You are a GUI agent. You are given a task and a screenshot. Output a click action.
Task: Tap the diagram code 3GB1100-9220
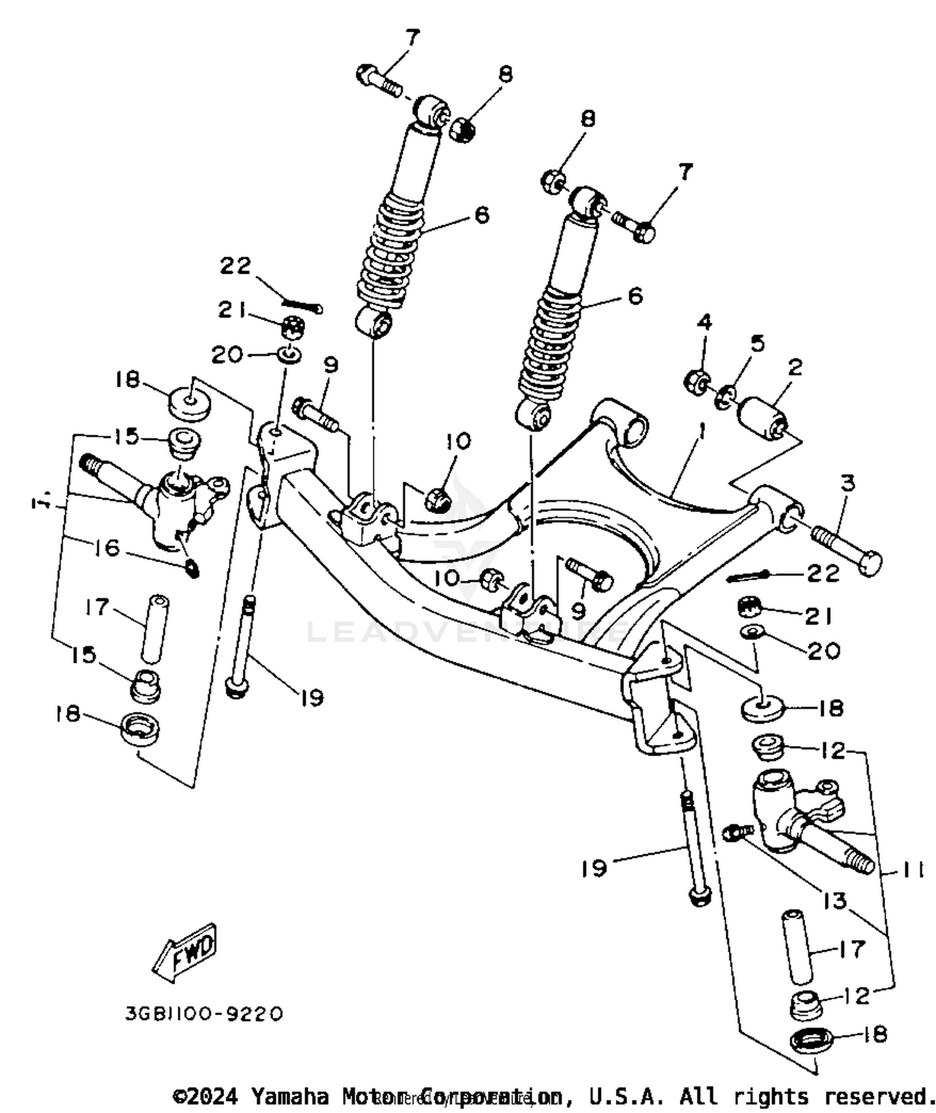tap(204, 1013)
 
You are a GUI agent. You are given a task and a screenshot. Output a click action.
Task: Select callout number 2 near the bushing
tap(794, 367)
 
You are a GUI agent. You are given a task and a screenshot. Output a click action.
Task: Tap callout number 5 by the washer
tap(757, 344)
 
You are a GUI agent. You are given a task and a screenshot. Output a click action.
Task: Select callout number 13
tap(835, 900)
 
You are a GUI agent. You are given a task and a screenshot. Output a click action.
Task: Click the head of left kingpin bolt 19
tap(237, 689)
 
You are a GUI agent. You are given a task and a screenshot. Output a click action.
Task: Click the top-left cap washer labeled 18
tap(188, 404)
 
